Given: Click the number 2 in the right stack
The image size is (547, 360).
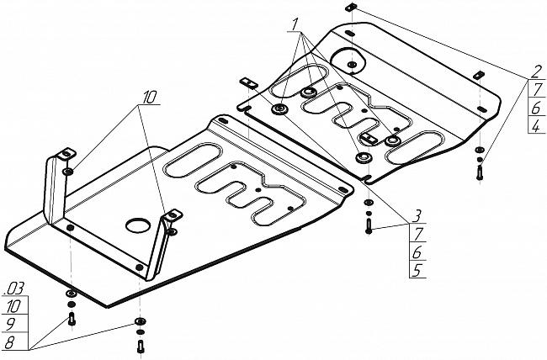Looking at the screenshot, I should tap(536, 71).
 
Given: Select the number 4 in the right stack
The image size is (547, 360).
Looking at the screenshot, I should tap(536, 126).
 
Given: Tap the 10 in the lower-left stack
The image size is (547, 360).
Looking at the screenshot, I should tap(14, 307).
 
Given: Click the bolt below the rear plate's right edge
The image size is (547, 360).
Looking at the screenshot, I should tap(480, 172).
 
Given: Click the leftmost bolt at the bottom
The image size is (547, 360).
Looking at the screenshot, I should tap(71, 320).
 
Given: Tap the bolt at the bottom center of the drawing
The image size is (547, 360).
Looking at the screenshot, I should tap(139, 345).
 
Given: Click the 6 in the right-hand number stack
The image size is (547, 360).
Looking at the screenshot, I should tap(536, 108).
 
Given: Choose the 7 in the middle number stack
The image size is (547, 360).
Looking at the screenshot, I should tap(415, 234).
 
